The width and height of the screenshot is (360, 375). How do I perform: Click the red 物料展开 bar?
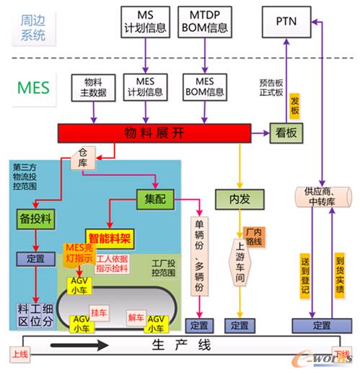[x=152, y=133]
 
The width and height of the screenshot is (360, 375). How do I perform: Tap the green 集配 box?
[x=157, y=197]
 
